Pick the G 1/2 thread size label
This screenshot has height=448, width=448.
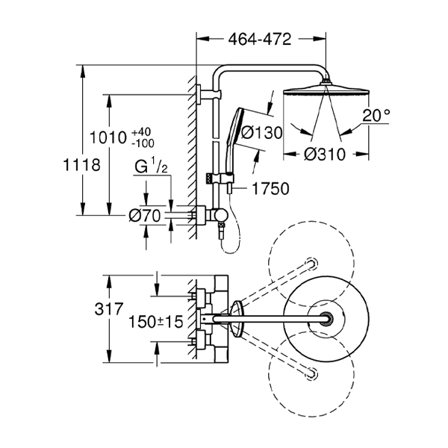click(149, 167)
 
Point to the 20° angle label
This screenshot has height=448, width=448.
click(376, 116)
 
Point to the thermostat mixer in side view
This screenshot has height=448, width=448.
click(217, 215)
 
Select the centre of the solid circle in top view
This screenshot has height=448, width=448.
click(327, 319)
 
